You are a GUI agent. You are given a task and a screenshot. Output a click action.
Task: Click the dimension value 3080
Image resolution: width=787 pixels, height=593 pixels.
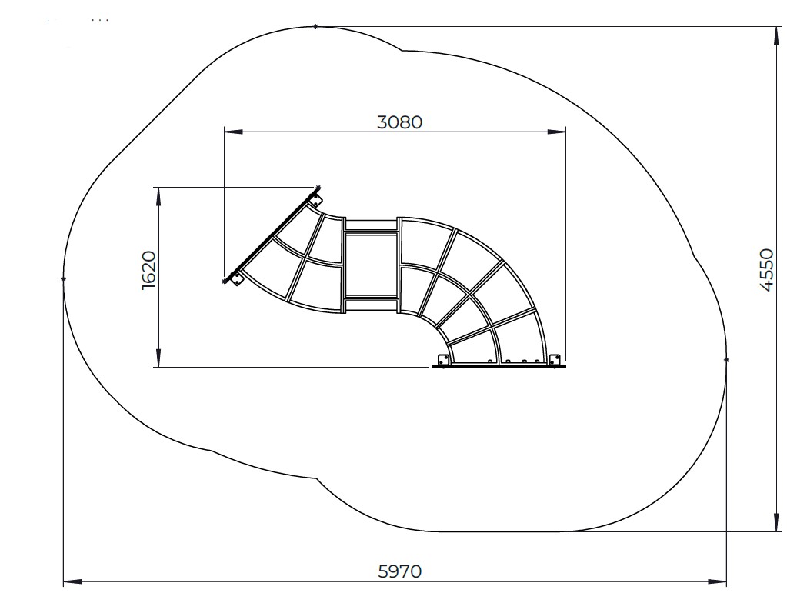coord(399,122)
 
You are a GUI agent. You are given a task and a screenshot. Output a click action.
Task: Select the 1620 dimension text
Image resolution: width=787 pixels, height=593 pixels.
coord(149,270)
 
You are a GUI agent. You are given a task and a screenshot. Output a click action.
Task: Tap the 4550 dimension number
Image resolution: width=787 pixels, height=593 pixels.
coord(766,269)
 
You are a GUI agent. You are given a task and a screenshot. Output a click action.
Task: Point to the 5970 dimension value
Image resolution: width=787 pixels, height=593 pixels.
coord(399,571)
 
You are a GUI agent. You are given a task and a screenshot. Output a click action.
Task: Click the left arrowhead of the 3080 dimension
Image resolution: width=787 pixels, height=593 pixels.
coord(233,132)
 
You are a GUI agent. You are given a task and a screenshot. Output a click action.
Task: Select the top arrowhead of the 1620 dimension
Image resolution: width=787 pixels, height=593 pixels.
coord(159,196)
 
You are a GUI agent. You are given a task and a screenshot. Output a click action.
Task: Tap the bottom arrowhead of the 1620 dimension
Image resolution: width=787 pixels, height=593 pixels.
coord(159,358)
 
